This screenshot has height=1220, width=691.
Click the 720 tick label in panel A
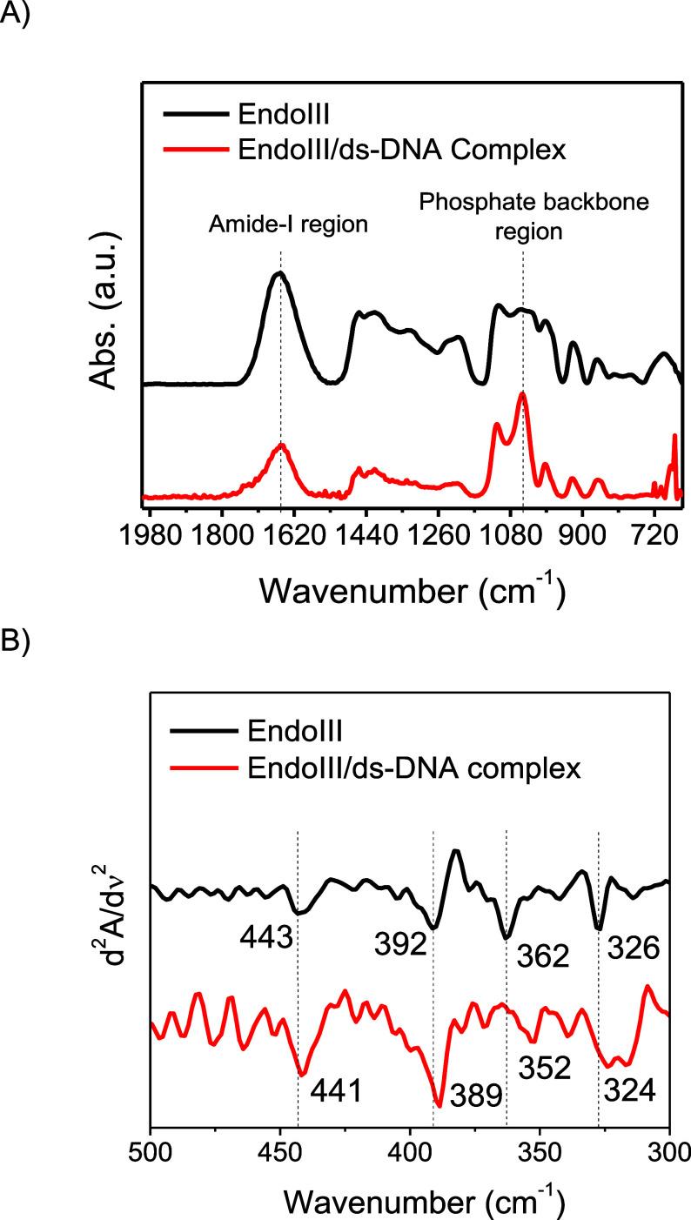(x=652, y=533)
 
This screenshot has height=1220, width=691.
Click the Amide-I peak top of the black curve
(x=279, y=273)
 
